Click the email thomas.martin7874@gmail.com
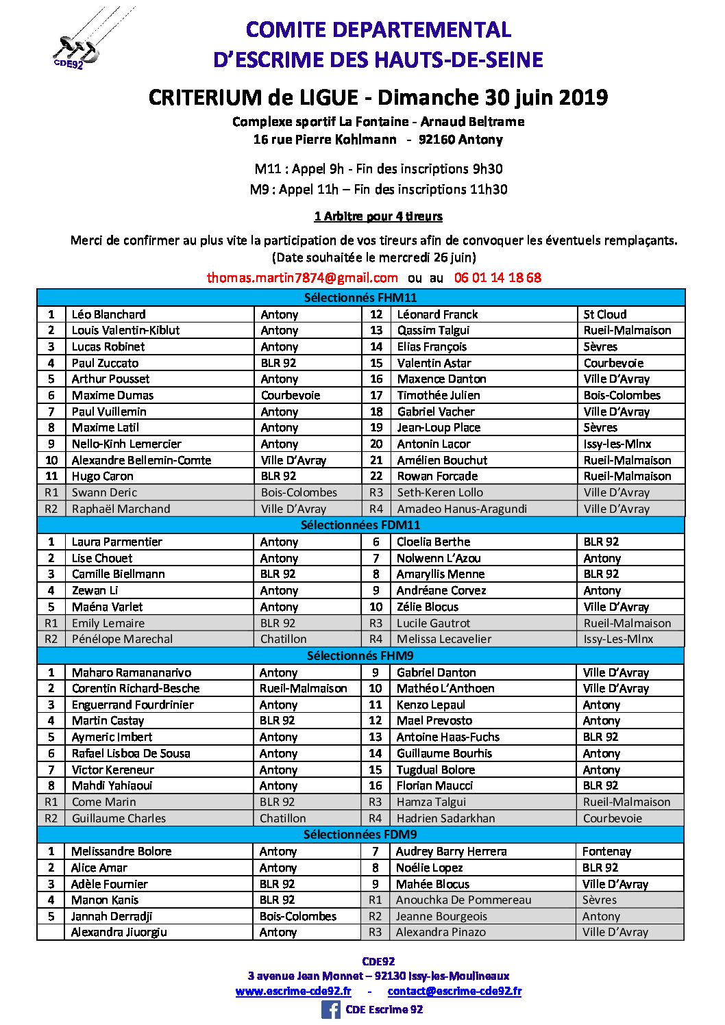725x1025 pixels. coord(302,277)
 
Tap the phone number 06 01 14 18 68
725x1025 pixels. coord(497,277)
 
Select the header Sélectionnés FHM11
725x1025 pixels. coord(360,297)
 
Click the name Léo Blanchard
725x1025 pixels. coord(108,314)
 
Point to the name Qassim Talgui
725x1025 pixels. coord(433,330)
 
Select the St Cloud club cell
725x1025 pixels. coord(604,314)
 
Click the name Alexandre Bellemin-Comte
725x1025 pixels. coord(141,460)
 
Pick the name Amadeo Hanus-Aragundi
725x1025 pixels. coord(462,509)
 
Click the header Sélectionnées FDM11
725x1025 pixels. coord(360,525)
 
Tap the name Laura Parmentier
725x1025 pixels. coord(116,542)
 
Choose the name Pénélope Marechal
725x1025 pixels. coord(122,639)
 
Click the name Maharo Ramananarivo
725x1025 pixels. coord(132,672)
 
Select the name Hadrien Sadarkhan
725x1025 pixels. coord(445,818)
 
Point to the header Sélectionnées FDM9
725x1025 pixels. coord(360,835)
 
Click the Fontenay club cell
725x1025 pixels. coord(606,851)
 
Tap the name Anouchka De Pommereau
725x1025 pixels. coord(463,900)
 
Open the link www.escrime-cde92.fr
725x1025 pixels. coord(293,991)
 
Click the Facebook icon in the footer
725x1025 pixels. coord(331,1009)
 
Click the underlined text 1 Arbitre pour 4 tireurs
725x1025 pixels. coord(378,216)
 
